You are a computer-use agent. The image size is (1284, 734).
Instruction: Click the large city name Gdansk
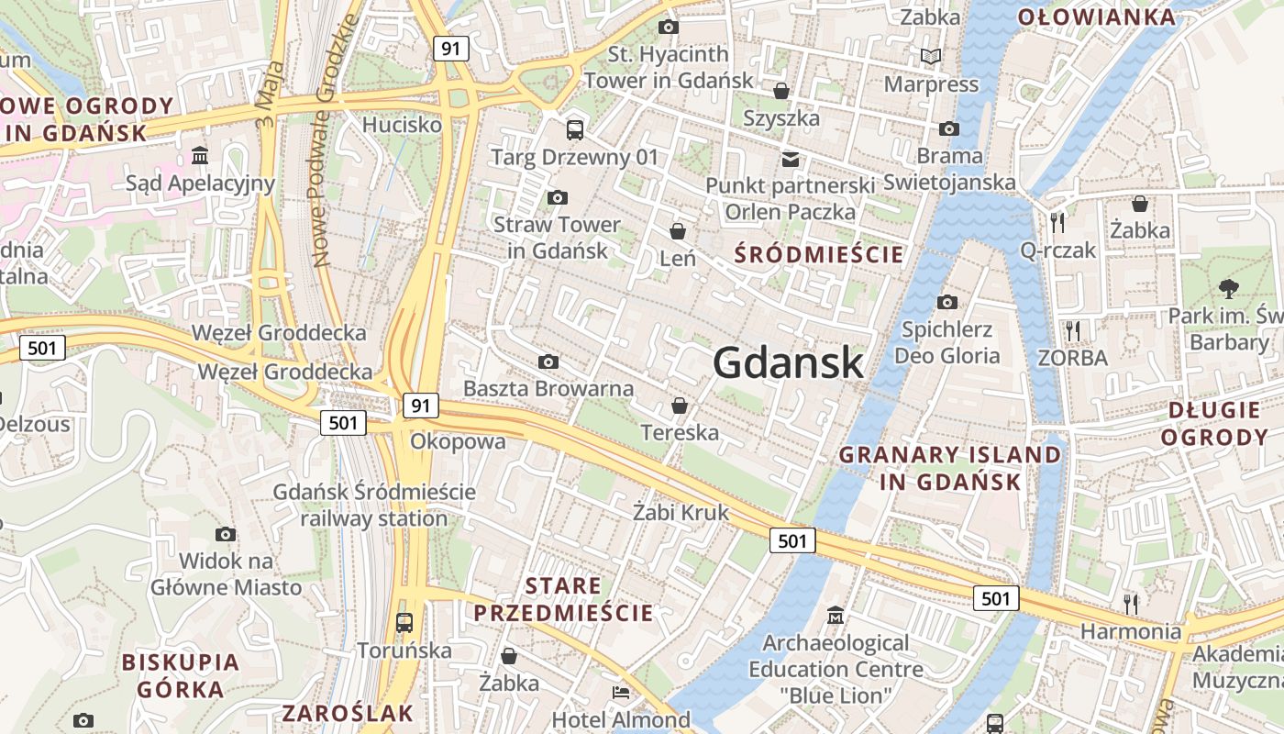(788, 362)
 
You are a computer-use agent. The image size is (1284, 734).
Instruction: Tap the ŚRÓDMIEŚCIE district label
(819, 254)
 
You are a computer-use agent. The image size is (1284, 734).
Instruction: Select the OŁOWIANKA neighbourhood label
(1096, 17)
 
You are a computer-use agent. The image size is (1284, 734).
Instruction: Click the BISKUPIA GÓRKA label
(181, 675)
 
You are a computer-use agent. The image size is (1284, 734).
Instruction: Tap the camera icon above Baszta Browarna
(548, 362)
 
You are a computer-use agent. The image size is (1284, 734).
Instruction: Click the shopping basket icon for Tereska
(680, 405)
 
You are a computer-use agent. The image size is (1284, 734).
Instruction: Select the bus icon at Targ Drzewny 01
(575, 129)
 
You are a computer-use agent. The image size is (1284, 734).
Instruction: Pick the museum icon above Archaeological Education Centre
(836, 615)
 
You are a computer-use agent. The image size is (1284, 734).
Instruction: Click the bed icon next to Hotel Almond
(621, 693)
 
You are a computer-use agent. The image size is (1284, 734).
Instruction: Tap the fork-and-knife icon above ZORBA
(1073, 330)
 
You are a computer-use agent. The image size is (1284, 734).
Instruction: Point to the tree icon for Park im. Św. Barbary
(1228, 289)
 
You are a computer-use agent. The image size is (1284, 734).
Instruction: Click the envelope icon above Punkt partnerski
(790, 160)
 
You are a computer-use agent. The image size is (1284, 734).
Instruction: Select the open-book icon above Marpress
(931, 57)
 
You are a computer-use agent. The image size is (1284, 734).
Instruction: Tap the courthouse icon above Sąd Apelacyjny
(200, 156)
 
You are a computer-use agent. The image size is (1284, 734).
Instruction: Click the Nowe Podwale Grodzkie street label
(333, 142)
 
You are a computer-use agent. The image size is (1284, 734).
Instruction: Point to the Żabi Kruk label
(681, 512)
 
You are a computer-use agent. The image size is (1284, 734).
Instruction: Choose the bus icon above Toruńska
(404, 623)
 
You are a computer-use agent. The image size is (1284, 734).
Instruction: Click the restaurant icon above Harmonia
(1131, 604)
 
